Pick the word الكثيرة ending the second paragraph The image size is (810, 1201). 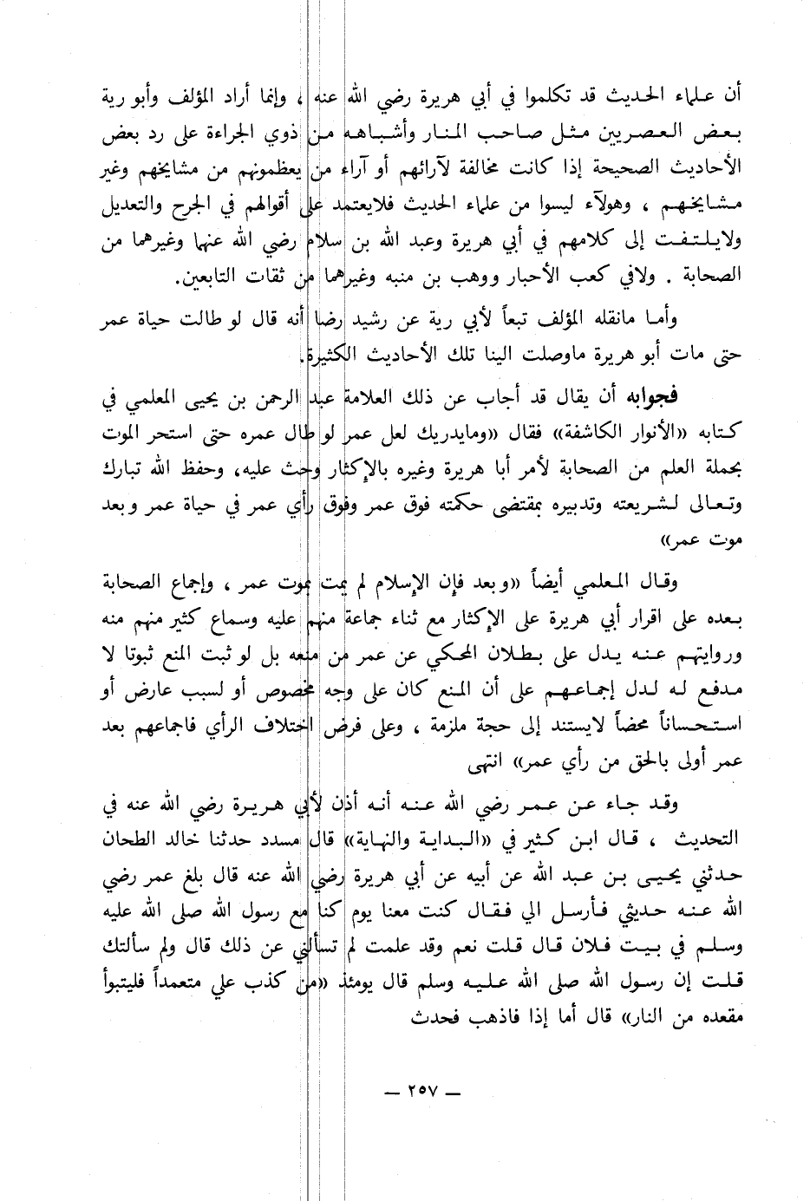click(326, 353)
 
